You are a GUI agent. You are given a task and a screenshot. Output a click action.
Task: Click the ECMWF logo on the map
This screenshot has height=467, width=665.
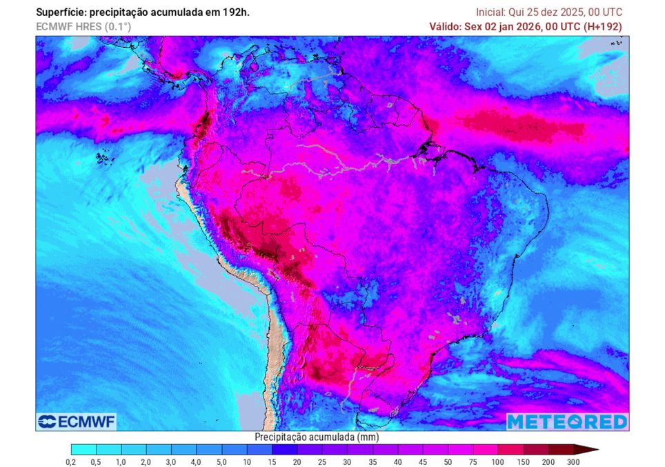[x=77, y=422]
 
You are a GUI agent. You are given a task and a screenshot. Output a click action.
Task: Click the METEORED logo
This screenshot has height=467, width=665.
[x=567, y=422]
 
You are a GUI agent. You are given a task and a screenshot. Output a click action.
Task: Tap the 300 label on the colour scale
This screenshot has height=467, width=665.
[x=573, y=462]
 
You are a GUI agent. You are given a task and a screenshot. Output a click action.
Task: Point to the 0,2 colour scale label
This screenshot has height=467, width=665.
[x=70, y=462]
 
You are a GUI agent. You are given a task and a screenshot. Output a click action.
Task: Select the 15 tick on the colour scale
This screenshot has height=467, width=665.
[x=272, y=462]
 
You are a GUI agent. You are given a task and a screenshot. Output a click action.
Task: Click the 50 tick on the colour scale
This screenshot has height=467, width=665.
[x=448, y=462]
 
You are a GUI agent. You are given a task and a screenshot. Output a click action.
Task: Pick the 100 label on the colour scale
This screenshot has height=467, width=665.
[x=498, y=462]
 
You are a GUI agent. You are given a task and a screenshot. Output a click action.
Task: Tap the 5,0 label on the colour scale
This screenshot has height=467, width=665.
[x=221, y=462]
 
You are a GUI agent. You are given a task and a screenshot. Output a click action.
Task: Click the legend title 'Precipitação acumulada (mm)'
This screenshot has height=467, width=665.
[x=317, y=437]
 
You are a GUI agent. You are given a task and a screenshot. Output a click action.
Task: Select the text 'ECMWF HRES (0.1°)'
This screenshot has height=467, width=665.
[x=83, y=26]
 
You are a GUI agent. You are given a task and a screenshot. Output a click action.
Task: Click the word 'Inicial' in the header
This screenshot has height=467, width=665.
[x=491, y=12]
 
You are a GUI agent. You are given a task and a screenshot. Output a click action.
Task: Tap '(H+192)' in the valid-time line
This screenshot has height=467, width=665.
[x=603, y=26]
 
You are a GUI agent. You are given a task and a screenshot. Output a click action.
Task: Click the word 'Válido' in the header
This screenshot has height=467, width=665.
[x=445, y=26]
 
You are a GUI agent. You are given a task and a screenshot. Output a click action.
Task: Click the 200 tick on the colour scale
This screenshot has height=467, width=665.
[x=548, y=462]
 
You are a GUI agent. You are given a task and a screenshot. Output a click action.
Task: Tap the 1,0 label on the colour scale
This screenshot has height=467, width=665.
[x=121, y=462]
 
